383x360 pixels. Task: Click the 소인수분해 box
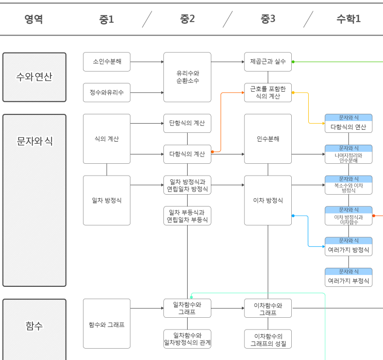tap(107, 62)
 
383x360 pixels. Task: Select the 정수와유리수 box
tap(107, 93)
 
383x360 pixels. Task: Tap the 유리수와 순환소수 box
tap(187, 77)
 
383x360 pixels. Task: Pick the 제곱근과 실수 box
tap(268, 62)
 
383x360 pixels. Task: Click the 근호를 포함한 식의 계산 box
tap(268, 93)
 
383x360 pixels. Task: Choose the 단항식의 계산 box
tap(187, 124)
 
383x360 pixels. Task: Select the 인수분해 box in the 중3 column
tap(268, 139)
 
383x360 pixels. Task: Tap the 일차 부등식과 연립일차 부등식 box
tap(187, 216)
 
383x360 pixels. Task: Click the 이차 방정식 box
tap(268, 200)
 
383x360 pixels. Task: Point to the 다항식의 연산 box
tap(348, 124)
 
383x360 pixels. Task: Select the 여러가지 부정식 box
tap(348, 278)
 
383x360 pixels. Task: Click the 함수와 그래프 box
tap(107, 324)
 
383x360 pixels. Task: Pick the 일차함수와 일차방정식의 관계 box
tap(187, 339)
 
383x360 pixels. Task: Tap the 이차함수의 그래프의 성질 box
tap(268, 339)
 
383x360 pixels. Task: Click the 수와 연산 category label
tap(35, 77)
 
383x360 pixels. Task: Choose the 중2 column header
tap(187, 20)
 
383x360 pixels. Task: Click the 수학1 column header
tap(348, 20)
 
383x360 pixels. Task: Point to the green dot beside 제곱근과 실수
tap(293, 62)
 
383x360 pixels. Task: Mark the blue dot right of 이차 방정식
tap(293, 216)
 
